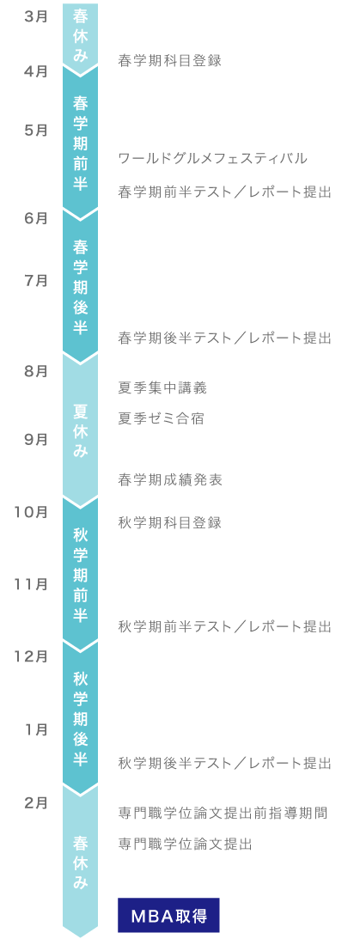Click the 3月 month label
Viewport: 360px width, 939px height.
click(36, 16)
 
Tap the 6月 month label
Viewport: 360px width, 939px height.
click(36, 218)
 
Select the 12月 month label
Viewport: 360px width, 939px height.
click(31, 656)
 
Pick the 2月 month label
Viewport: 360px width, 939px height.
click(36, 803)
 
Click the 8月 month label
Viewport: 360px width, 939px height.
click(36, 371)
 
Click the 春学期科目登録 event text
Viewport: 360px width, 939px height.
click(170, 60)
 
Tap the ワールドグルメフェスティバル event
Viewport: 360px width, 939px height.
click(212, 159)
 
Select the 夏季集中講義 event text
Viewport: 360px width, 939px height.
click(162, 388)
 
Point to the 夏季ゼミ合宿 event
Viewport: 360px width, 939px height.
click(162, 418)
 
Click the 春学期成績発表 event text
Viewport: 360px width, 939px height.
click(170, 479)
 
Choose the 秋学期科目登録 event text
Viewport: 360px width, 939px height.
click(170, 523)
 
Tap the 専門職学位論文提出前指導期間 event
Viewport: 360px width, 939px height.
click(223, 814)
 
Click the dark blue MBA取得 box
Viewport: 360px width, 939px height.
click(169, 915)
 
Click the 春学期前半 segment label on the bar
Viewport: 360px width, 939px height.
click(80, 143)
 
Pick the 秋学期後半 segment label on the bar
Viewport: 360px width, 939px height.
click(80, 718)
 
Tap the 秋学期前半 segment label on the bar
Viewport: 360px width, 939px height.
click(80, 575)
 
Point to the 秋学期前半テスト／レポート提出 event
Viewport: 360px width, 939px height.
click(224, 627)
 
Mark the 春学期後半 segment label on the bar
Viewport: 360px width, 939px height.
click(80, 288)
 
